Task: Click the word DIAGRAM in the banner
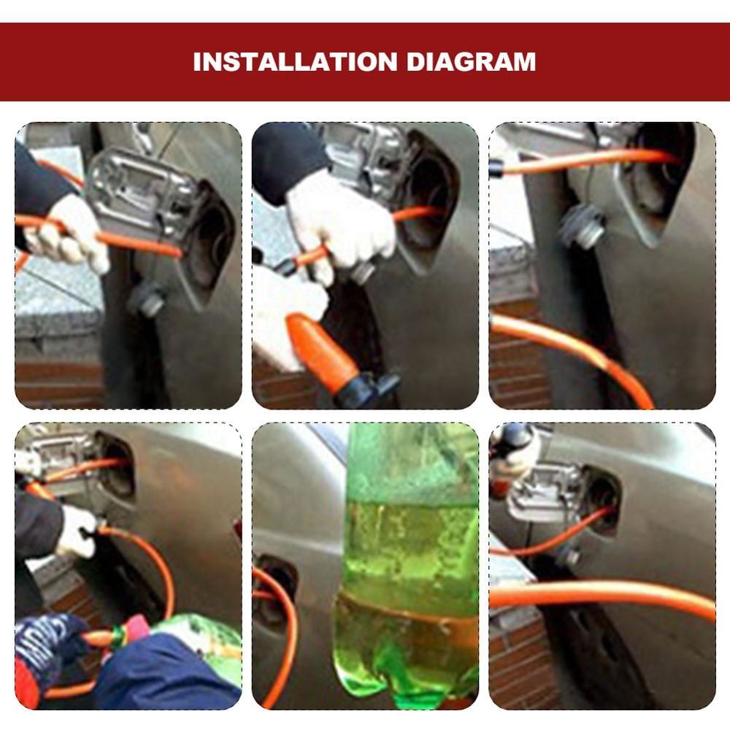[x=471, y=62]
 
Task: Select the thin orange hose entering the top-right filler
[x=587, y=161]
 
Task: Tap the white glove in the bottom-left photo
[x=77, y=531]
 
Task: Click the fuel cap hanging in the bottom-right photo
[x=569, y=557]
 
